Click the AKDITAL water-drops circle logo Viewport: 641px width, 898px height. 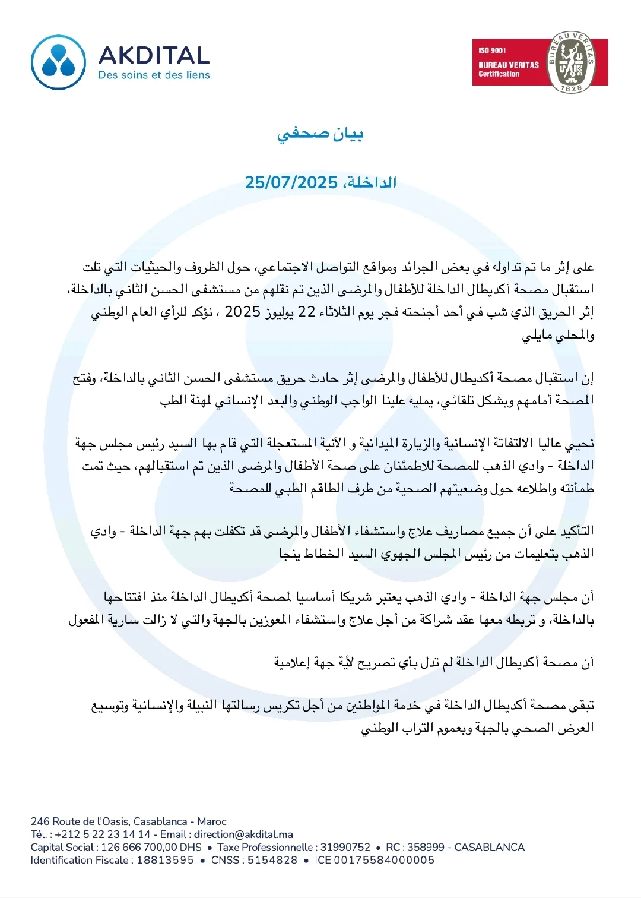[59, 62]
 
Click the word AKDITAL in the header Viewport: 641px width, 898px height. [154, 56]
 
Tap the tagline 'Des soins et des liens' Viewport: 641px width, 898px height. [154, 75]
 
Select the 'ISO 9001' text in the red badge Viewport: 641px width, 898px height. [492, 50]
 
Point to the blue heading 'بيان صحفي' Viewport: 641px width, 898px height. [320, 134]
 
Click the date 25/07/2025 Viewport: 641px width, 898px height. [291, 182]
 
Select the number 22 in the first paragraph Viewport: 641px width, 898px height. [306, 312]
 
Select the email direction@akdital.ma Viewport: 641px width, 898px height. [243, 834]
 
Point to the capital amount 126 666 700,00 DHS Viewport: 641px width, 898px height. [151, 848]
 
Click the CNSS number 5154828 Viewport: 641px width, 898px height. [272, 860]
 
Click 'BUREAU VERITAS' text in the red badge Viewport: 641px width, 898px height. [509, 65]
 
